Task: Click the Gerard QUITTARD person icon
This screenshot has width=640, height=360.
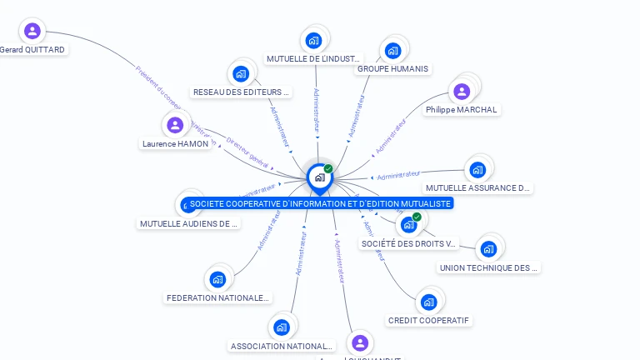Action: pyautogui.click(x=32, y=32)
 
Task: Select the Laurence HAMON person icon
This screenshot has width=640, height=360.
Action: pyautogui.click(x=175, y=126)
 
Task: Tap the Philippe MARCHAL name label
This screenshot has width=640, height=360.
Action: pyautogui.click(x=461, y=110)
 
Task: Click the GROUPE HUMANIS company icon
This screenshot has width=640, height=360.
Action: pyautogui.click(x=392, y=50)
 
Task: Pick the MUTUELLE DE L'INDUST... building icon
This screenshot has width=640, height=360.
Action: pyautogui.click(x=313, y=40)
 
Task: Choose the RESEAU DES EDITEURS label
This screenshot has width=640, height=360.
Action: pyautogui.click(x=241, y=92)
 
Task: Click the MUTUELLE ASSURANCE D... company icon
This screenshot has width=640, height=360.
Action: pyautogui.click(x=477, y=170)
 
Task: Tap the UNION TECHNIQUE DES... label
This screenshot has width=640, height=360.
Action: pyautogui.click(x=488, y=268)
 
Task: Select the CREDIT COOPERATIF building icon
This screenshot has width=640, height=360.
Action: pyautogui.click(x=428, y=302)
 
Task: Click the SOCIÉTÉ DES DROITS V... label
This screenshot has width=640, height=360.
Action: pyautogui.click(x=409, y=244)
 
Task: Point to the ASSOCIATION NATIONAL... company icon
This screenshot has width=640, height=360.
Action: pyautogui.click(x=282, y=327)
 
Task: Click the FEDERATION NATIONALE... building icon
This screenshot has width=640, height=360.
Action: pyautogui.click(x=218, y=279)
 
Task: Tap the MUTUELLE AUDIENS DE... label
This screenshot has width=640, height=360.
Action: pyautogui.click(x=188, y=224)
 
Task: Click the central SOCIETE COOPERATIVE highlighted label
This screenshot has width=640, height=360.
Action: pyautogui.click(x=320, y=203)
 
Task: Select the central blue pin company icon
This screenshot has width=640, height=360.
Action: pyautogui.click(x=319, y=177)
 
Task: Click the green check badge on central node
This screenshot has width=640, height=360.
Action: pyautogui.click(x=328, y=168)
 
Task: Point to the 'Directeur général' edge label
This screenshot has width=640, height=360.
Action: pyautogui.click(x=247, y=153)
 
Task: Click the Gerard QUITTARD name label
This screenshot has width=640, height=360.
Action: pyautogui.click(x=32, y=50)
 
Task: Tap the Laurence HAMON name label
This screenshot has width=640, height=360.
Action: pyautogui.click(x=175, y=144)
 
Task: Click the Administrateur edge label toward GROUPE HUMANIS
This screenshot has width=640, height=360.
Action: pyautogui.click(x=357, y=116)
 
